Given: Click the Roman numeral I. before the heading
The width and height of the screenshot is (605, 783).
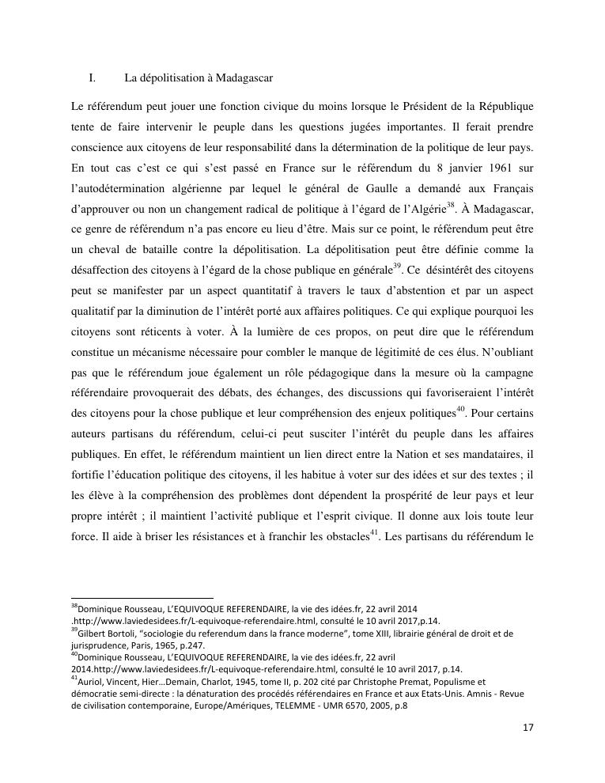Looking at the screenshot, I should pos(92,78).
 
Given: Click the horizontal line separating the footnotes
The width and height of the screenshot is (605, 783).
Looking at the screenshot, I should pos(142,598).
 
